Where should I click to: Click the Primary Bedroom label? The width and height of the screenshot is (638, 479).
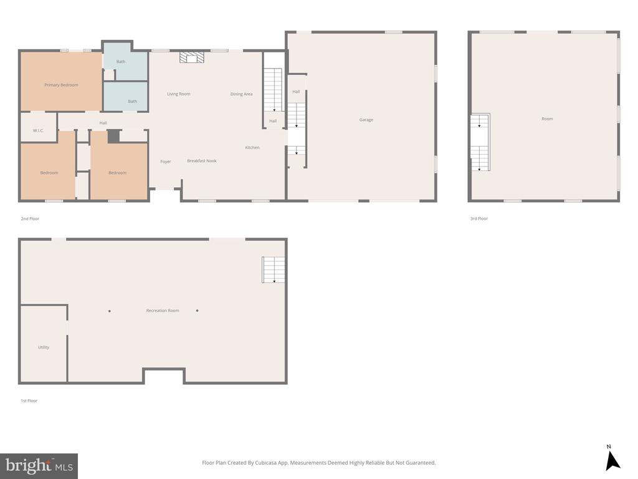pos(61,85)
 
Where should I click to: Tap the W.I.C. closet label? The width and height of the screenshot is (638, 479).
pos(39,131)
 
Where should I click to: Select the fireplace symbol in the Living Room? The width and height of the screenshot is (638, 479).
pos(192,57)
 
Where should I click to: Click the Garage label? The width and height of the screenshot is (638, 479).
pos(366,120)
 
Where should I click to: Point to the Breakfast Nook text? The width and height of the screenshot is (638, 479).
pos(202,161)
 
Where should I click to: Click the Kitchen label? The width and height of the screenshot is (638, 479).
pos(252,148)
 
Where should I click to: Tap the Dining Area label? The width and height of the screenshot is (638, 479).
pos(241,94)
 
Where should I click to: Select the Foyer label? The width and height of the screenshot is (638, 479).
pos(165,162)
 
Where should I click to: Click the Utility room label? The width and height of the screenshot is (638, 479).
pos(44,347)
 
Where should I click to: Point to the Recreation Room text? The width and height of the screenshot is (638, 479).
pos(163,311)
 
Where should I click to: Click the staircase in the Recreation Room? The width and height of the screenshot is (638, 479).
pos(273,269)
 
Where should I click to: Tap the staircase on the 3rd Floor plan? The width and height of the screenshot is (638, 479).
pos(480,142)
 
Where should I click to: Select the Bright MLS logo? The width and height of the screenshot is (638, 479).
pos(39,466)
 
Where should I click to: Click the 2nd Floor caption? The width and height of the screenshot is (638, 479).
pos(30,219)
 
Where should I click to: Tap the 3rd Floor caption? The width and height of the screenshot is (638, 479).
pos(478,219)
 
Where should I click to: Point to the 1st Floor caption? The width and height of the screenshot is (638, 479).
pos(29,401)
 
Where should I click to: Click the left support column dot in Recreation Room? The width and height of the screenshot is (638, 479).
pos(110,311)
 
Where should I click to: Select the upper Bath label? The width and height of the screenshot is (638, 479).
pos(121,62)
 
